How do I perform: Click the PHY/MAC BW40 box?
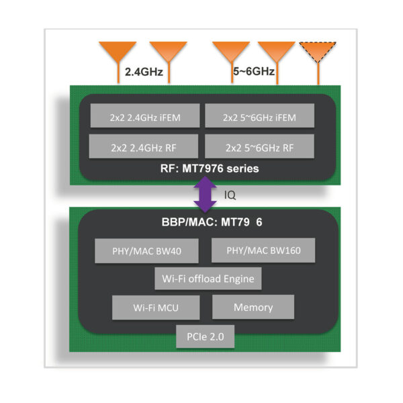pyautogui.click(x=147, y=253)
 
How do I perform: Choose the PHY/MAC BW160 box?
pyautogui.click(x=254, y=251)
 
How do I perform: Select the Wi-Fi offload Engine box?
pyautogui.click(x=208, y=277)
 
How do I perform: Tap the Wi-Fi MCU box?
pyautogui.click(x=155, y=308)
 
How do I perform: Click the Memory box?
pyautogui.click(x=253, y=307)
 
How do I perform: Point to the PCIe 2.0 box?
pyautogui.click(x=206, y=337)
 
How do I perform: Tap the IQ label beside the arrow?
pyautogui.click(x=230, y=194)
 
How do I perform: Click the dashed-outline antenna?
pyautogui.click(x=317, y=52)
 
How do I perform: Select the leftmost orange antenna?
pyautogui.click(x=118, y=52)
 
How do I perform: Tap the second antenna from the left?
pyautogui.click(x=168, y=52)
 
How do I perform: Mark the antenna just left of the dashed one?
pyautogui.click(x=276, y=52)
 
